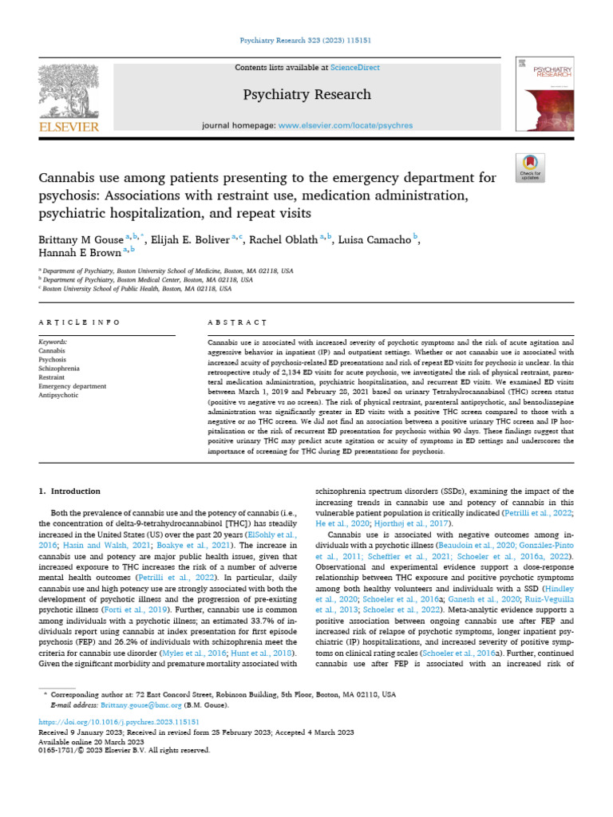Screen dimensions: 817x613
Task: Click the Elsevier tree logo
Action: [x=69, y=94]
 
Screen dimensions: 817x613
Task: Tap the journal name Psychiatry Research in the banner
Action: [x=306, y=95]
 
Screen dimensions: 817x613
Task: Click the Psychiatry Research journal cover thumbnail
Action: [x=545, y=94]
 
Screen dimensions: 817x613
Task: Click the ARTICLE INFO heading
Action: [x=79, y=322]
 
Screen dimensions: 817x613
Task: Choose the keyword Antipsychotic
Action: [x=59, y=394]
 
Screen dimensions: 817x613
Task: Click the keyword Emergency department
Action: [x=72, y=385]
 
